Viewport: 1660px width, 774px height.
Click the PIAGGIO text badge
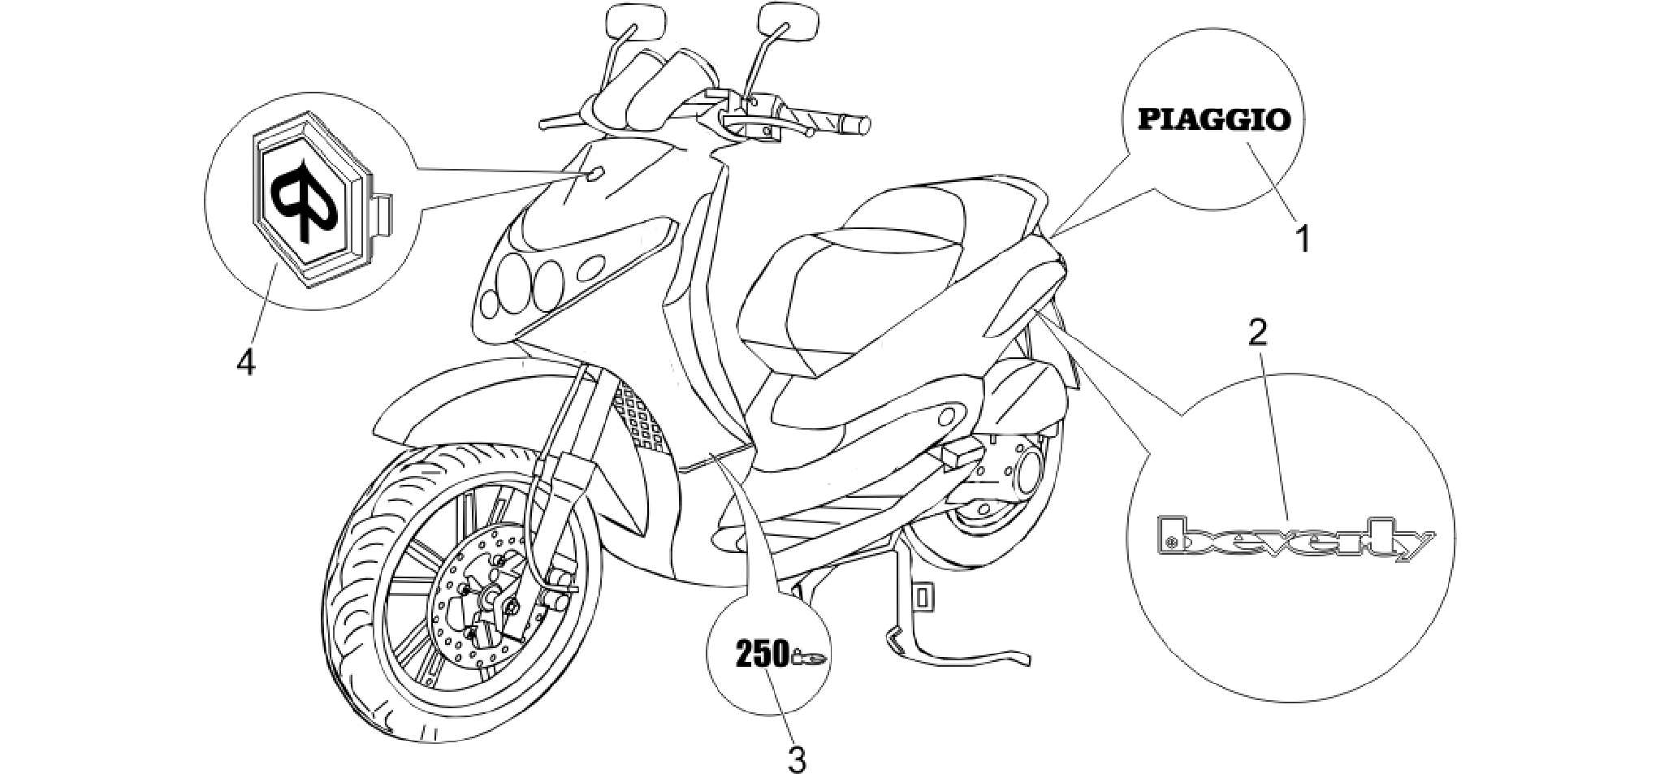[x=1214, y=120]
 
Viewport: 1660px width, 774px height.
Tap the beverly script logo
[x=1295, y=538]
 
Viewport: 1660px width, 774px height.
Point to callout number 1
[x=1302, y=240]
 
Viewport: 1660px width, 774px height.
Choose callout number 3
[x=798, y=759]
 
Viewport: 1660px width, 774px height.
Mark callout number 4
[x=245, y=361]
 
